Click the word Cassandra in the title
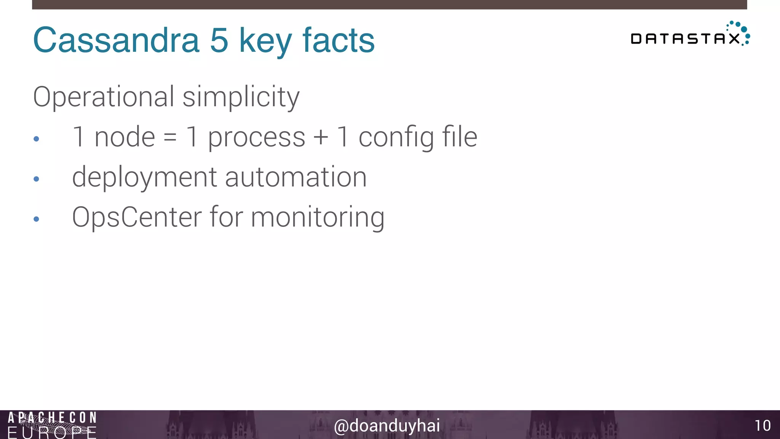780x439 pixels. (x=116, y=40)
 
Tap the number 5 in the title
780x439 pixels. (x=219, y=40)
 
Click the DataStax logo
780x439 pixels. (x=690, y=35)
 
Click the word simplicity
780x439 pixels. (x=241, y=97)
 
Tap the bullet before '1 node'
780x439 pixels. (x=37, y=139)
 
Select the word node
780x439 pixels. (x=125, y=137)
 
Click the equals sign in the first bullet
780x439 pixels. (x=170, y=138)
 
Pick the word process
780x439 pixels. (x=256, y=138)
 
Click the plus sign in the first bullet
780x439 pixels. (x=321, y=138)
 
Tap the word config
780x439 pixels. (x=396, y=138)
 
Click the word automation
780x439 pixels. (x=296, y=177)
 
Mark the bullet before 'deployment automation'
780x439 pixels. (x=37, y=179)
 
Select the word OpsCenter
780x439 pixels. (x=137, y=217)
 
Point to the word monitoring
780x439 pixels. (x=318, y=218)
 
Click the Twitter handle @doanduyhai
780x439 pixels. (x=387, y=426)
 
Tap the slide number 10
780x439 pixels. (x=762, y=426)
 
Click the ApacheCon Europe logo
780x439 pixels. (x=52, y=425)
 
